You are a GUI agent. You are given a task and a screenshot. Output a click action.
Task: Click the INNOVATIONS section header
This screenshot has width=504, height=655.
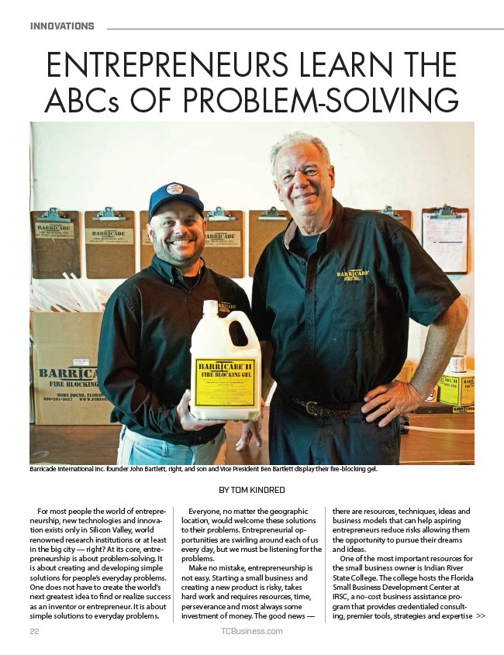click(62, 26)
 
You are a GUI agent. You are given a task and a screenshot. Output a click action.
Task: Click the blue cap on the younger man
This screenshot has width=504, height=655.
click(175, 199)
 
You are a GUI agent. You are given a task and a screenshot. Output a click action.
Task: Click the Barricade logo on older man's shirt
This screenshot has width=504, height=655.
click(353, 274)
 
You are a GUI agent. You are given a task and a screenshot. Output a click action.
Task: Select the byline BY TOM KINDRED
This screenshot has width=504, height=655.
click(252, 490)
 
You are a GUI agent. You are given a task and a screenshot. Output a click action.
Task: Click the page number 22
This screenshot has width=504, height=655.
click(34, 631)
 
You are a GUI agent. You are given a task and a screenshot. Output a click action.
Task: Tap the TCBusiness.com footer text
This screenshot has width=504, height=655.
click(251, 631)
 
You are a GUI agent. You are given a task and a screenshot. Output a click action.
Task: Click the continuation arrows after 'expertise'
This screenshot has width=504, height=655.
click(481, 616)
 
